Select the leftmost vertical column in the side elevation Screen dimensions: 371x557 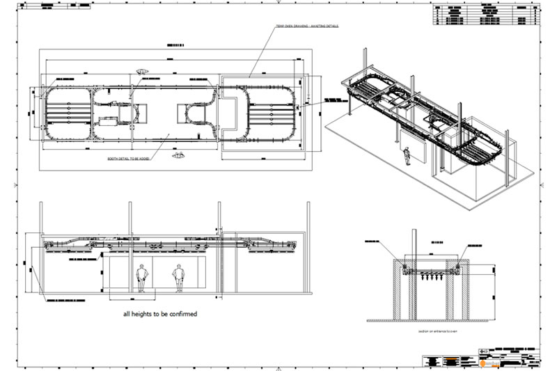click(x=41, y=251)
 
